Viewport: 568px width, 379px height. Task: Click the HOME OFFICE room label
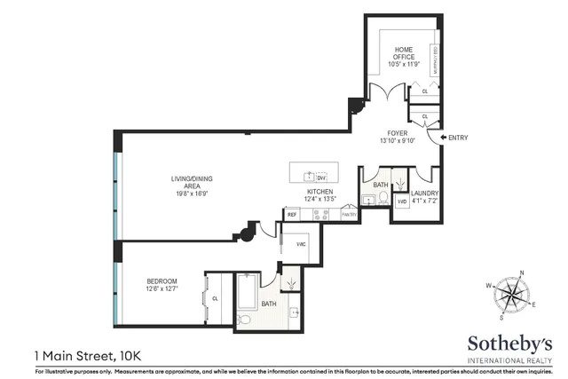(403, 53)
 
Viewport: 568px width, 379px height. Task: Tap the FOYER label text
(397, 132)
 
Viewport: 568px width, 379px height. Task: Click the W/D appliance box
(401, 201)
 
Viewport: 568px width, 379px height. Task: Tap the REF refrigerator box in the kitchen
(292, 215)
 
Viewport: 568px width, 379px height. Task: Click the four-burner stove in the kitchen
(320, 214)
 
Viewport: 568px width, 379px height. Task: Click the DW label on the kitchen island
(322, 177)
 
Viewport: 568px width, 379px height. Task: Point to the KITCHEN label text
(319, 192)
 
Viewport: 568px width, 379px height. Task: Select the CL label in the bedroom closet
(215, 299)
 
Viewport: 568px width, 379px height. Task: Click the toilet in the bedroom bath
(244, 319)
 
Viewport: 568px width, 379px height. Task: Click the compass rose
(511, 296)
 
